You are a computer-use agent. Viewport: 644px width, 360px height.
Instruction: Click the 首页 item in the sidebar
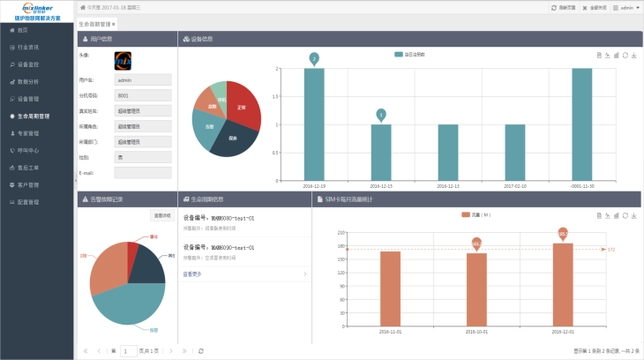click(x=23, y=30)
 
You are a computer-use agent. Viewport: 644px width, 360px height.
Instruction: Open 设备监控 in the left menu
click(x=28, y=64)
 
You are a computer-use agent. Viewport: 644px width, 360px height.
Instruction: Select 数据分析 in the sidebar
click(x=28, y=81)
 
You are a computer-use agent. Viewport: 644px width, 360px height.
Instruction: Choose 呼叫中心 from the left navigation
click(x=28, y=151)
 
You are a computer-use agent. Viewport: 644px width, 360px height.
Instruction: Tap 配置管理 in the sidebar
click(x=28, y=202)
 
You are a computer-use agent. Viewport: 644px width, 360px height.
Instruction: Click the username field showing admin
click(x=142, y=79)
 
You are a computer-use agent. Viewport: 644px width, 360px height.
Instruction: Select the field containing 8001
click(x=142, y=94)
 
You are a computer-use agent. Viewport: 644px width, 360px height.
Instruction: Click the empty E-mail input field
click(x=142, y=172)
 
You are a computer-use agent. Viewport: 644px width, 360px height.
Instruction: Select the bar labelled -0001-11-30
click(x=582, y=124)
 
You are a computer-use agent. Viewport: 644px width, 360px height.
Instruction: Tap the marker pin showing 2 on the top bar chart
click(x=314, y=58)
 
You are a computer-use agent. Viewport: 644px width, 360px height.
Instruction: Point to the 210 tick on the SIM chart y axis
click(x=340, y=232)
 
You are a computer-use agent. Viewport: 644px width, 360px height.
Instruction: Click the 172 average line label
click(x=611, y=250)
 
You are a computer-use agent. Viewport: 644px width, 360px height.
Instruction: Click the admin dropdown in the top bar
click(x=627, y=6)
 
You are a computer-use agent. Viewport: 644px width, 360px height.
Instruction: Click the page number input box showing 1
click(x=129, y=350)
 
